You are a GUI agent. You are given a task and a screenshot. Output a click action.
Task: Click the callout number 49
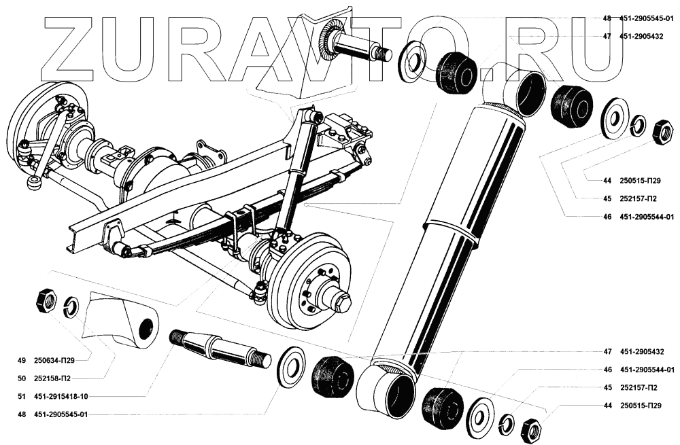[x=21, y=360]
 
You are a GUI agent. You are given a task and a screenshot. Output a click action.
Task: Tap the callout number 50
[x=21, y=378]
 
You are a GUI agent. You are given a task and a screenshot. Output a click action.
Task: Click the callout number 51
[x=21, y=396]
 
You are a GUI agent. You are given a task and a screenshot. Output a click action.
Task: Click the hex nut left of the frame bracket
[x=46, y=299]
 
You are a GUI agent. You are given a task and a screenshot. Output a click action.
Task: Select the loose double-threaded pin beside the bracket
[x=221, y=347]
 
